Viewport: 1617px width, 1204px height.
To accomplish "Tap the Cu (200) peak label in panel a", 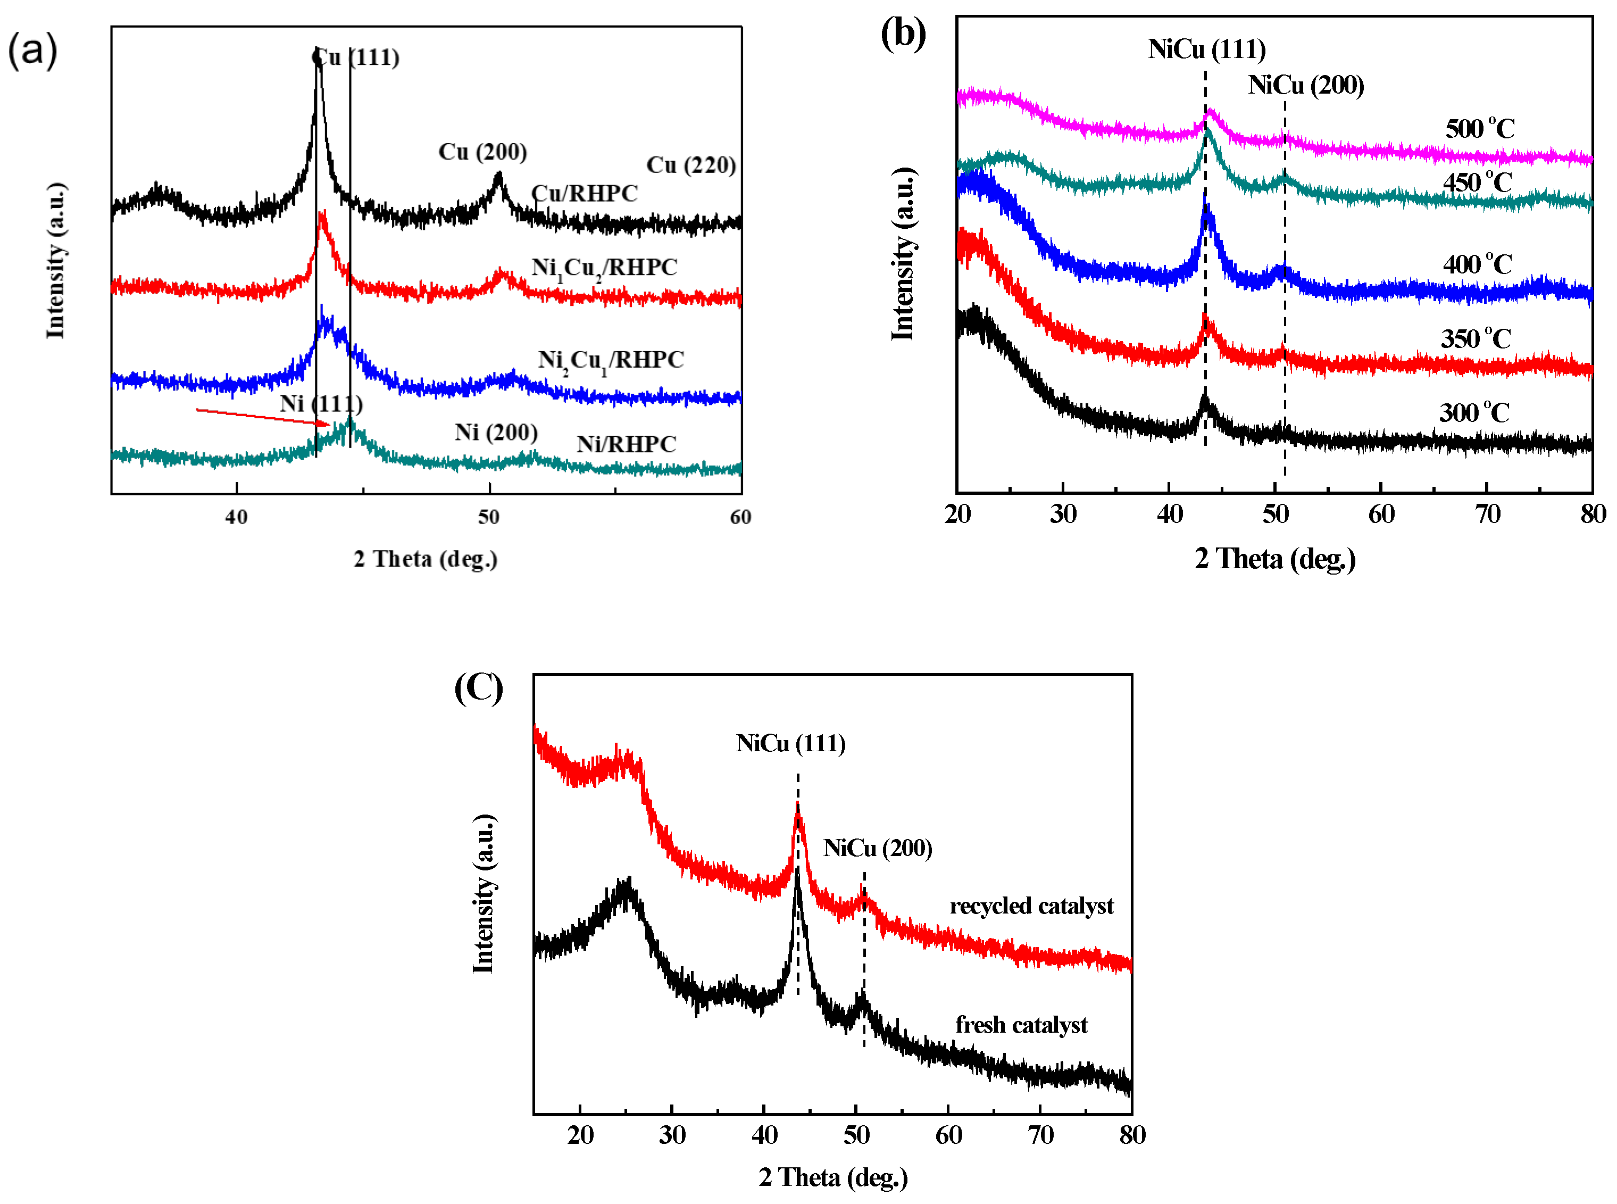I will tap(482, 152).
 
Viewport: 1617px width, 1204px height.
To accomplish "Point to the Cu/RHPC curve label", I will tap(584, 193).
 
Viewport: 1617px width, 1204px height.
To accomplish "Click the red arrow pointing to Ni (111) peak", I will tap(262, 417).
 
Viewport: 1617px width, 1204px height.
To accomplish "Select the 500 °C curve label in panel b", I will tap(1479, 129).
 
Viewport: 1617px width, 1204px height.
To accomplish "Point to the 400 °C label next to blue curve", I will tap(1477, 264).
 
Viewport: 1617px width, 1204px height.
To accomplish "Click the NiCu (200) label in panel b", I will tap(1305, 85).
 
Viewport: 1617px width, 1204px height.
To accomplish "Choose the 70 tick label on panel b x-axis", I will tap(1487, 514).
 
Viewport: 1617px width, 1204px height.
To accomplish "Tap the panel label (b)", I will tap(902, 34).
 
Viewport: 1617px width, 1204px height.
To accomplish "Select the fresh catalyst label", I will tap(1021, 1025).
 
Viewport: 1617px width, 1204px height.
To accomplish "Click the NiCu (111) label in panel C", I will tap(790, 743).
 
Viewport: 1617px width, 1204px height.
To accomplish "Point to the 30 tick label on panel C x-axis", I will tap(672, 1135).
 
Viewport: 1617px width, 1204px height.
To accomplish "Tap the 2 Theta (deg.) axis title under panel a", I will tap(426, 559).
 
